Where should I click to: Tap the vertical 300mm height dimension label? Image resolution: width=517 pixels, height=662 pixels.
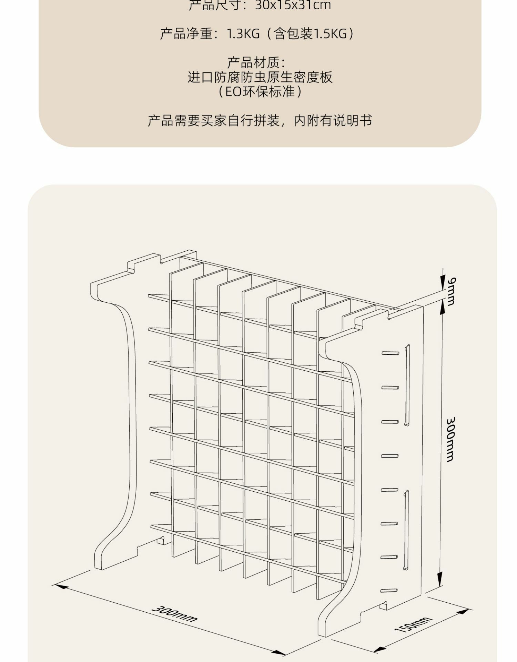451,440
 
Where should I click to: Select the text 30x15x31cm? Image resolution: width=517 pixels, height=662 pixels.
293,5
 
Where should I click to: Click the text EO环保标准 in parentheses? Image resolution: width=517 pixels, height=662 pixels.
260,92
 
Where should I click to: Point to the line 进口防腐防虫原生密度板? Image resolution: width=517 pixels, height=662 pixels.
260,77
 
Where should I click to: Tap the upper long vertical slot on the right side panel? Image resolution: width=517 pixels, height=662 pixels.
407,385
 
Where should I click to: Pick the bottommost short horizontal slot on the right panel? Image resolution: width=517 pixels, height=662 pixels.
389,591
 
